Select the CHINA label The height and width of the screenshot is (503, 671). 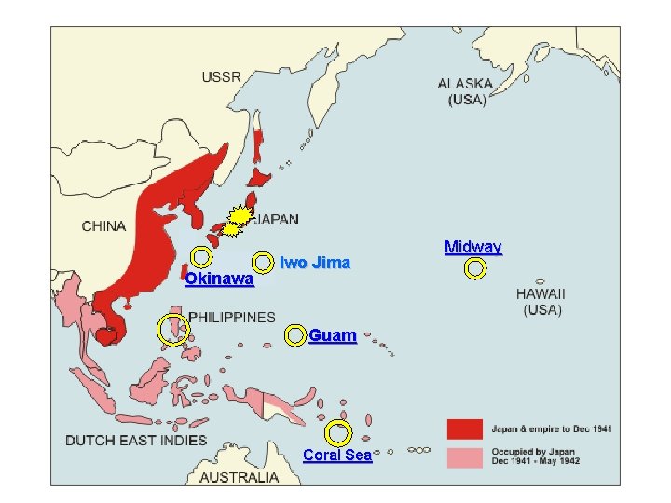[x=103, y=225]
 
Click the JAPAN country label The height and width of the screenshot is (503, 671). [x=277, y=220]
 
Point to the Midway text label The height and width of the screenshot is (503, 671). [x=472, y=247]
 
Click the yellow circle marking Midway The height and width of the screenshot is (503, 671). [x=475, y=269]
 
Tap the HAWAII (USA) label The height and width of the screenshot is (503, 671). [x=541, y=301]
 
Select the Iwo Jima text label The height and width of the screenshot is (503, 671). [x=315, y=263]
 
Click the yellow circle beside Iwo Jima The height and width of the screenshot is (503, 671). [x=264, y=264]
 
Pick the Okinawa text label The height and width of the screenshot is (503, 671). [x=219, y=279]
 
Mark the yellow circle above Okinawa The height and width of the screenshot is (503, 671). [x=200, y=256]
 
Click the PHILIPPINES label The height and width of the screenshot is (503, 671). [x=232, y=318]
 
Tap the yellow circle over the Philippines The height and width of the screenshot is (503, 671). [x=172, y=330]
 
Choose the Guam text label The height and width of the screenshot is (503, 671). [x=332, y=335]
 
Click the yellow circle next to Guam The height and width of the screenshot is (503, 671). [x=294, y=335]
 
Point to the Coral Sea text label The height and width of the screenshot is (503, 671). [x=337, y=455]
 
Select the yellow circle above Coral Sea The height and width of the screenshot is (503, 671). [x=338, y=433]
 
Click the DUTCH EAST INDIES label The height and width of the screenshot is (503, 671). [x=136, y=439]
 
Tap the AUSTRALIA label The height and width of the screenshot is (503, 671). [x=240, y=477]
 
